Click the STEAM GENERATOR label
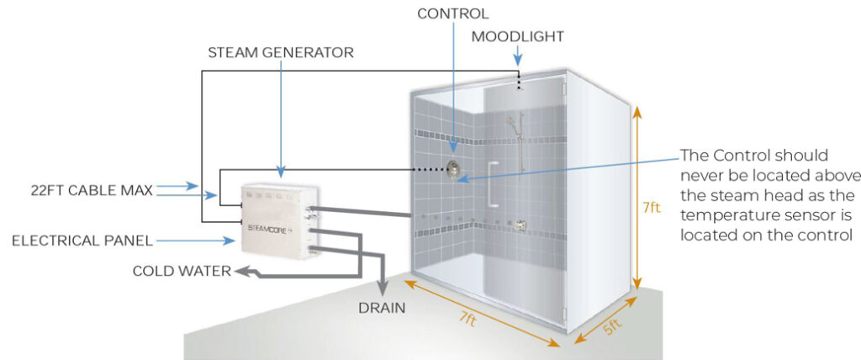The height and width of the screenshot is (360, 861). coord(281,53)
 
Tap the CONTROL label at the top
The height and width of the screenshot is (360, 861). coord(452,13)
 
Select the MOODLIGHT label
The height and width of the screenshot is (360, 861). coord(517,37)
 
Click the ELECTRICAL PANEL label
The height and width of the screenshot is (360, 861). coord(82,241)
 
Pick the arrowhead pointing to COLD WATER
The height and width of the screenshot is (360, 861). coord(240,271)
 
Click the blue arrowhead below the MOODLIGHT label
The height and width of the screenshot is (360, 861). coord(517,61)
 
